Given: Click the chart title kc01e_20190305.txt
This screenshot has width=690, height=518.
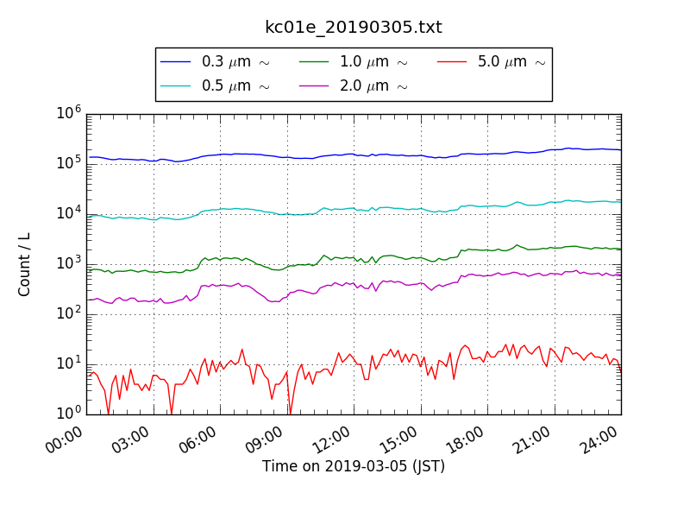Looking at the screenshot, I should pyautogui.click(x=353, y=27).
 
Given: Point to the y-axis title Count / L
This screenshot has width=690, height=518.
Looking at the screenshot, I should pyautogui.click(x=25, y=264).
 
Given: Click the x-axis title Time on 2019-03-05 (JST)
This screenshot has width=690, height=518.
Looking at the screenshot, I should pyautogui.click(x=354, y=466).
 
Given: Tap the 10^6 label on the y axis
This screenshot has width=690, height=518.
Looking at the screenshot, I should pyautogui.click(x=69, y=113).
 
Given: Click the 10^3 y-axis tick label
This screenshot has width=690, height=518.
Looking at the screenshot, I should pyautogui.click(x=69, y=263).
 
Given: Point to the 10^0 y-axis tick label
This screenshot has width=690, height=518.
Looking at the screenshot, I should pyautogui.click(x=69, y=414).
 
